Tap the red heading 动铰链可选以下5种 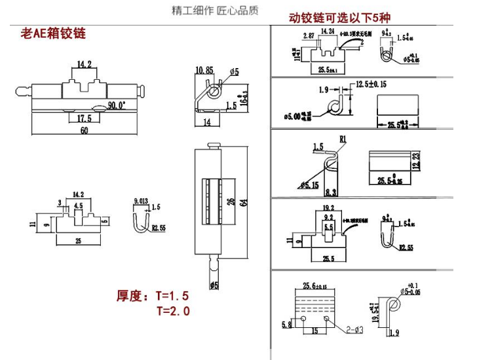tap(339, 18)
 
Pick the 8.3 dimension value tap(330, 190)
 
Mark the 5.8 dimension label tap(286, 323)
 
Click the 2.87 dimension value tap(308, 36)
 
